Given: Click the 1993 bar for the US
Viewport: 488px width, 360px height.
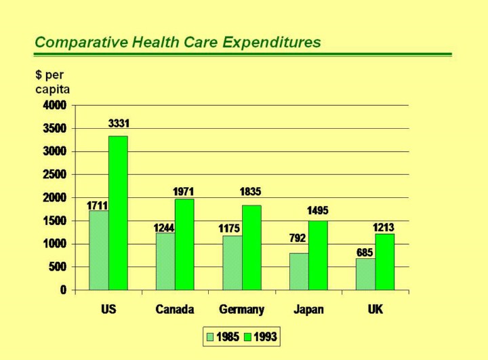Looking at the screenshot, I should [x=118, y=213].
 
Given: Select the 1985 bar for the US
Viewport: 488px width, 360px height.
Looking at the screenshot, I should [x=99, y=250].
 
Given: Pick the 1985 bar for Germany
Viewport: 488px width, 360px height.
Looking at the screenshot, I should [x=232, y=262].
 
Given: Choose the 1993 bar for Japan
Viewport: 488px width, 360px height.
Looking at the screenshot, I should [x=318, y=255].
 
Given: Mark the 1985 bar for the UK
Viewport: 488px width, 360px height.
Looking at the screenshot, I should [x=365, y=274].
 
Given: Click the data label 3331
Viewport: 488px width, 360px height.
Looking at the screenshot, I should [x=119, y=123].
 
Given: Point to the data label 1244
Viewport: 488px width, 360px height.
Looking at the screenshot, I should [x=164, y=228].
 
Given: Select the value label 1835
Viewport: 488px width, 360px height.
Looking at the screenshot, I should [x=250, y=192].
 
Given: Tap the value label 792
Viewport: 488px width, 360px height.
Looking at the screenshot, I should [x=298, y=238].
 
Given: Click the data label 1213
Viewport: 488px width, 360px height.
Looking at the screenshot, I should [x=384, y=227].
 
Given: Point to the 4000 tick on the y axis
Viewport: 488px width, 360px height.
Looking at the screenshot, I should [x=55, y=105].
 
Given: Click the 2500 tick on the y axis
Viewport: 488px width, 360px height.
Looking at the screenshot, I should [x=55, y=174].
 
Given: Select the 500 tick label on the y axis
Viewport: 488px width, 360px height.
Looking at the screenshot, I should [x=58, y=266].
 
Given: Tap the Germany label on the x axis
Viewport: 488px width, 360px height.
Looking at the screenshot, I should [x=241, y=309].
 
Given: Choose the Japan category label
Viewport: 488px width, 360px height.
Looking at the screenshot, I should [x=308, y=309].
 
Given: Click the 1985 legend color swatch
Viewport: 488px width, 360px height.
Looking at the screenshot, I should [x=210, y=336].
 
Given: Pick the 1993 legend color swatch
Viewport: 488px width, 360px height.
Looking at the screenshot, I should [x=248, y=336].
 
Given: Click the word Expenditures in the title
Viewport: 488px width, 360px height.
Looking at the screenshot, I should [x=272, y=42].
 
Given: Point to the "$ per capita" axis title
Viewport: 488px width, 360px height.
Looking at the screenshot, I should [x=52, y=81].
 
